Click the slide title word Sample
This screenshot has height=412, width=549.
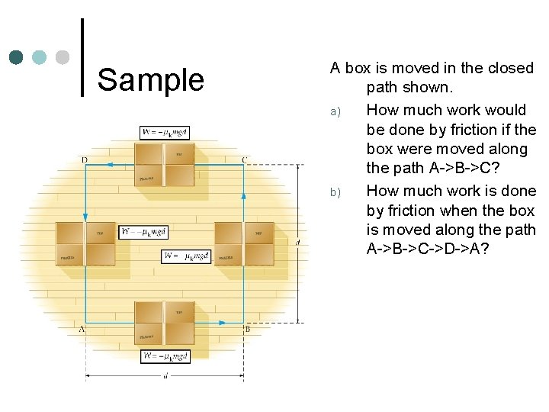point(151,79)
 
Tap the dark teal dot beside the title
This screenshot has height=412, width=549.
point(16,57)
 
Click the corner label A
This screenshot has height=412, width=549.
point(81,329)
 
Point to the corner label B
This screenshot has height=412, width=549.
point(247,329)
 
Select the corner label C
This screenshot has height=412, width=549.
point(244,159)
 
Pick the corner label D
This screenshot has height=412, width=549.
point(84,159)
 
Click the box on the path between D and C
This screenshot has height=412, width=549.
point(164,164)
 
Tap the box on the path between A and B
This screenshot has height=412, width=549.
point(164,323)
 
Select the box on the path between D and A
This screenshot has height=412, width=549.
point(85,243)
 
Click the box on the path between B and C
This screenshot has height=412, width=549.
point(243,243)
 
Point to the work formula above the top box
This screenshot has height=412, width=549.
point(165,132)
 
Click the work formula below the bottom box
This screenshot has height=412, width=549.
point(165,356)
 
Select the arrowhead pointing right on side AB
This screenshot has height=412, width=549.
point(222,323)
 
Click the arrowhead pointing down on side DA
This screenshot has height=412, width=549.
point(85,216)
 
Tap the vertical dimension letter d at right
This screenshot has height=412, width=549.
point(297,243)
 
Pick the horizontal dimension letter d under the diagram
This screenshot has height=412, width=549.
point(165,375)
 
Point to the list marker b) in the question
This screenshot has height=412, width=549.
point(334,192)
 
